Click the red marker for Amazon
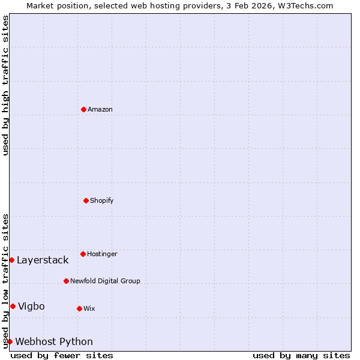(x=83, y=109)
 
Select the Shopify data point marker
(x=86, y=200)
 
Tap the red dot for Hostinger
(x=83, y=254)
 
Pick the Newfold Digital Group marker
(x=66, y=281)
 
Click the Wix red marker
(x=79, y=308)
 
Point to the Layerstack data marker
(x=11, y=260)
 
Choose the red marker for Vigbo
(x=13, y=306)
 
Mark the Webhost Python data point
(x=10, y=341)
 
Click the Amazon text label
(x=100, y=109)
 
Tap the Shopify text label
(x=102, y=200)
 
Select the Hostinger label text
(x=102, y=254)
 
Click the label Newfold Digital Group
(x=105, y=281)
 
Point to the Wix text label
(x=89, y=308)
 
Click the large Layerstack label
(x=43, y=260)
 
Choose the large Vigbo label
(x=31, y=306)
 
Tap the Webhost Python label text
(x=54, y=341)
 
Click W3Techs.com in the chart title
(x=304, y=5)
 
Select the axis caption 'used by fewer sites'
(x=62, y=355)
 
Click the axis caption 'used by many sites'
(x=301, y=355)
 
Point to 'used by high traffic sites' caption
(x=5, y=85)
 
